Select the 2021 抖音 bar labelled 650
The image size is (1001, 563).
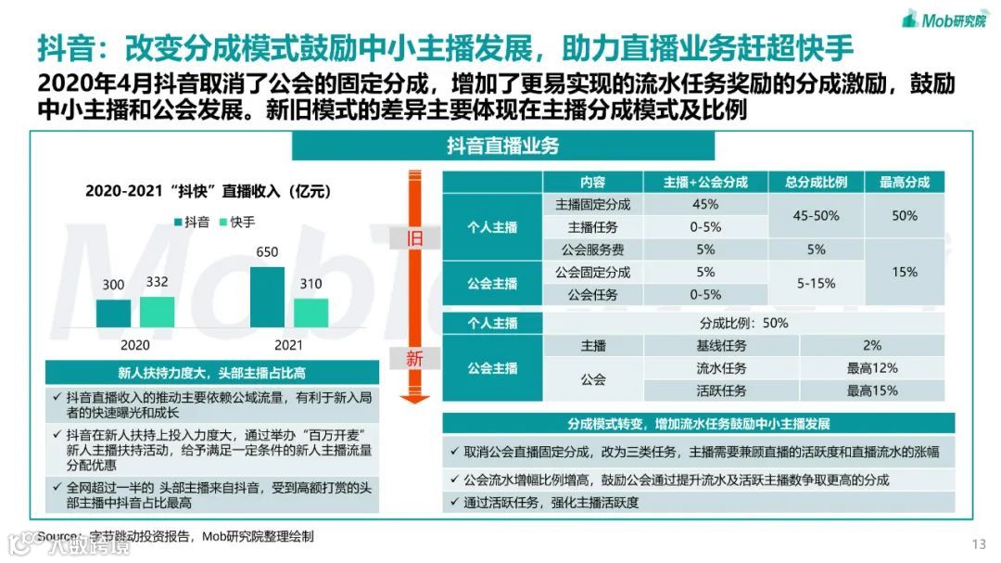(x=268, y=297)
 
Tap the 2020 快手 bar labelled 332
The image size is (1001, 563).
(x=158, y=312)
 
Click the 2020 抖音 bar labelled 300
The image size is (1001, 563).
(x=113, y=313)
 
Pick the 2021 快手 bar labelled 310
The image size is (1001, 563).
(x=311, y=313)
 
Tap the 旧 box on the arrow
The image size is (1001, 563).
(x=415, y=238)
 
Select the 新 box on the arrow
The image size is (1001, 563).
(x=415, y=358)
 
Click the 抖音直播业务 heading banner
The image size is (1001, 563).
(x=503, y=146)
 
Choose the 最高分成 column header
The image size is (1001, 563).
(x=905, y=182)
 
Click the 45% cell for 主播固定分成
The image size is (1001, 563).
(x=705, y=204)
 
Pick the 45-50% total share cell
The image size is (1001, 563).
(x=816, y=215)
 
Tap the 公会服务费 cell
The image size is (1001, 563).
(x=592, y=250)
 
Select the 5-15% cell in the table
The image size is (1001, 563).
(x=816, y=284)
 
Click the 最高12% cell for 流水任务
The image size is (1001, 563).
(x=871, y=368)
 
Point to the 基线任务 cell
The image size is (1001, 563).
(x=721, y=345)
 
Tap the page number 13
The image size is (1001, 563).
(x=979, y=544)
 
